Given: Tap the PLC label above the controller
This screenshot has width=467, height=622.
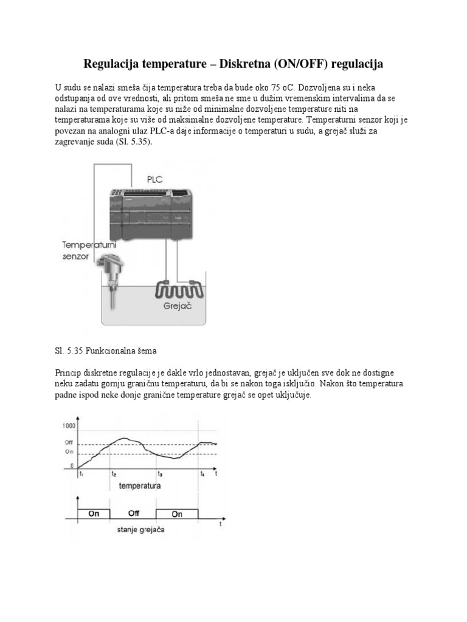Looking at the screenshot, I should (155, 179).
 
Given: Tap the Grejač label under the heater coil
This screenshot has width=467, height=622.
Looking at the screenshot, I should (178, 307).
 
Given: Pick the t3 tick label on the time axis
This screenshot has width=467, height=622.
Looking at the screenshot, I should (159, 474).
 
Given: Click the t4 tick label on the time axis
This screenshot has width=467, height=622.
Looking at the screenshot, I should (202, 474).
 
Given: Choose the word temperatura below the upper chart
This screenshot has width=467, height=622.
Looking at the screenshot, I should (140, 486).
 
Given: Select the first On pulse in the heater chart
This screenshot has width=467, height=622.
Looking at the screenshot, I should (94, 514).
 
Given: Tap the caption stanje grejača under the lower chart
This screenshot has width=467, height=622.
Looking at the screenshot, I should (141, 530).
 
